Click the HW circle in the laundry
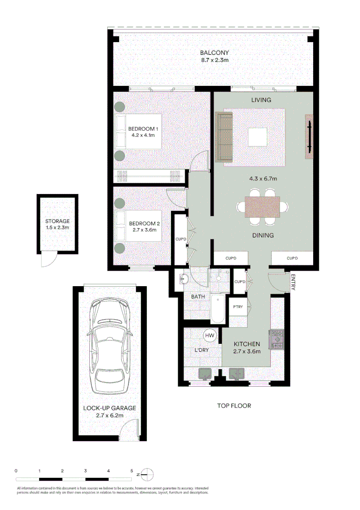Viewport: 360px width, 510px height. pyautogui.click(x=209, y=335)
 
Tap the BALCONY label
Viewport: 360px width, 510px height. pyautogui.click(x=214, y=53)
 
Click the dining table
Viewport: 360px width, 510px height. pyautogui.click(x=262, y=206)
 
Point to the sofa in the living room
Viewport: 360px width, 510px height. pyautogui.click(x=224, y=137)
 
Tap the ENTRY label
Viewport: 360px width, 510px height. pyautogui.click(x=293, y=282)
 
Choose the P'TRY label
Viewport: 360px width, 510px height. pyautogui.click(x=238, y=306)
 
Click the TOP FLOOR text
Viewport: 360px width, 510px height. pyautogui.click(x=234, y=406)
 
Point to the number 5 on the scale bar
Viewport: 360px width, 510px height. pyautogui.click(x=131, y=471)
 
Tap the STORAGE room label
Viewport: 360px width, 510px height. pyautogui.click(x=57, y=221)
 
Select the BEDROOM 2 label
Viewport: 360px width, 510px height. pyautogui.click(x=144, y=223)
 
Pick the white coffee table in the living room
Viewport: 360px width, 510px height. pyautogui.click(x=257, y=137)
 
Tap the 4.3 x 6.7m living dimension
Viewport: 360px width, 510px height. pyautogui.click(x=263, y=179)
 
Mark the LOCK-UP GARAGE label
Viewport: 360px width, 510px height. pyautogui.click(x=110, y=408)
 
